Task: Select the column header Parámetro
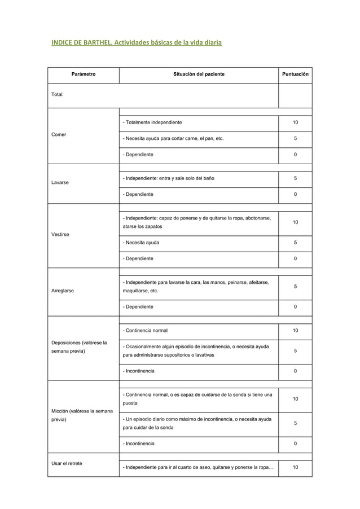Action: click(83, 74)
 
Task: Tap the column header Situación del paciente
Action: click(198, 74)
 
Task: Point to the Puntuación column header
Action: click(295, 74)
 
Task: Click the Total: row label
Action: click(59, 95)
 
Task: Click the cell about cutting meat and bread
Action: click(173, 138)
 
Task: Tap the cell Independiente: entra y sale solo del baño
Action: click(168, 178)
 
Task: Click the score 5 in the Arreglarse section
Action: click(295, 287)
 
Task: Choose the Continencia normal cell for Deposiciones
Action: click(145, 330)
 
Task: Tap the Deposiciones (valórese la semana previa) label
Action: click(79, 346)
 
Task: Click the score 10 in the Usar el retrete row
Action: click(295, 468)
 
